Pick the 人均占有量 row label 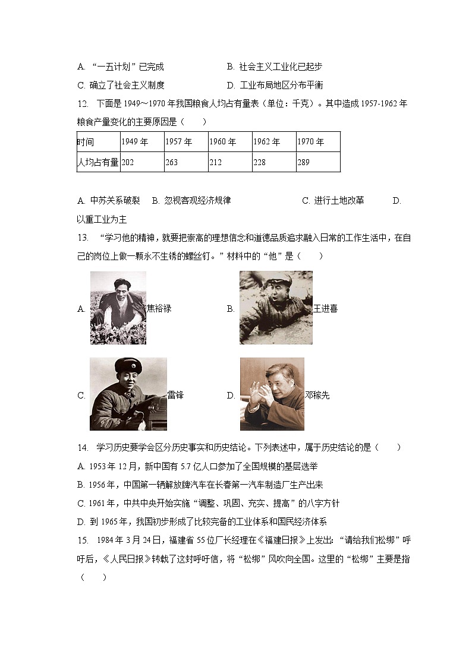97,162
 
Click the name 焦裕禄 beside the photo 159,309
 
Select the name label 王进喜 325,309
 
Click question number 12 83,104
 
